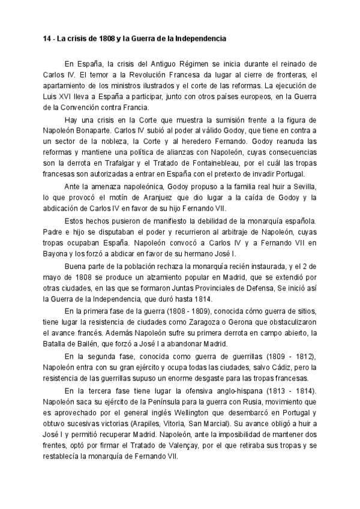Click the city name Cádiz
click(x=285, y=367)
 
